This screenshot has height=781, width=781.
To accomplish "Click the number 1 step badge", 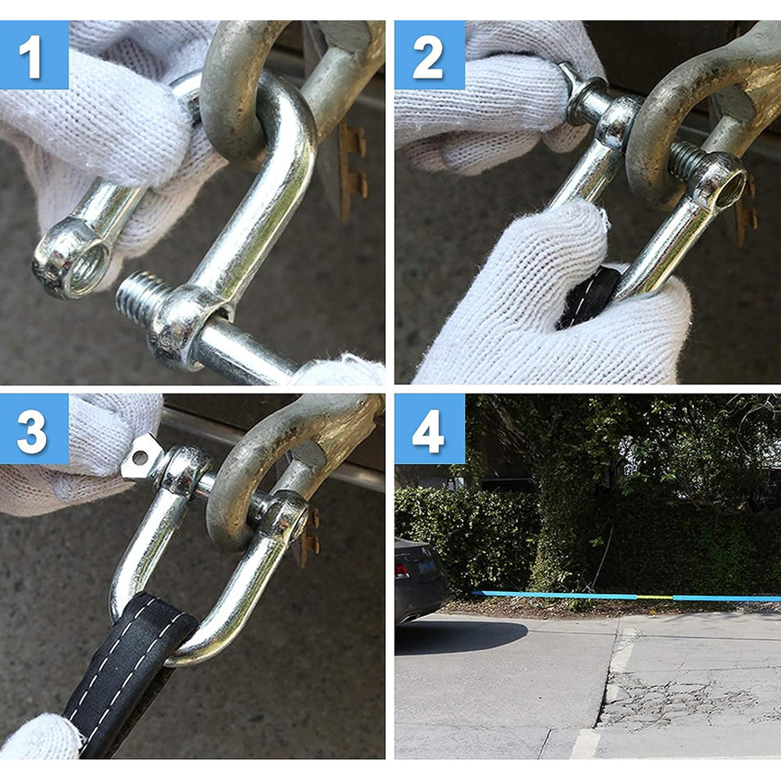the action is pyautogui.click(x=34, y=55).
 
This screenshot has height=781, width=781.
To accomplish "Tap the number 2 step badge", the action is pyautogui.click(x=430, y=55).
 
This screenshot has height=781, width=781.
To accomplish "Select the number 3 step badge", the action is pyautogui.click(x=34, y=429).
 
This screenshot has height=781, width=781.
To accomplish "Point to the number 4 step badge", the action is pyautogui.click(x=430, y=429).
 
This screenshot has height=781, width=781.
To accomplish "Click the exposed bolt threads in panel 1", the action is pyautogui.click(x=141, y=298).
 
